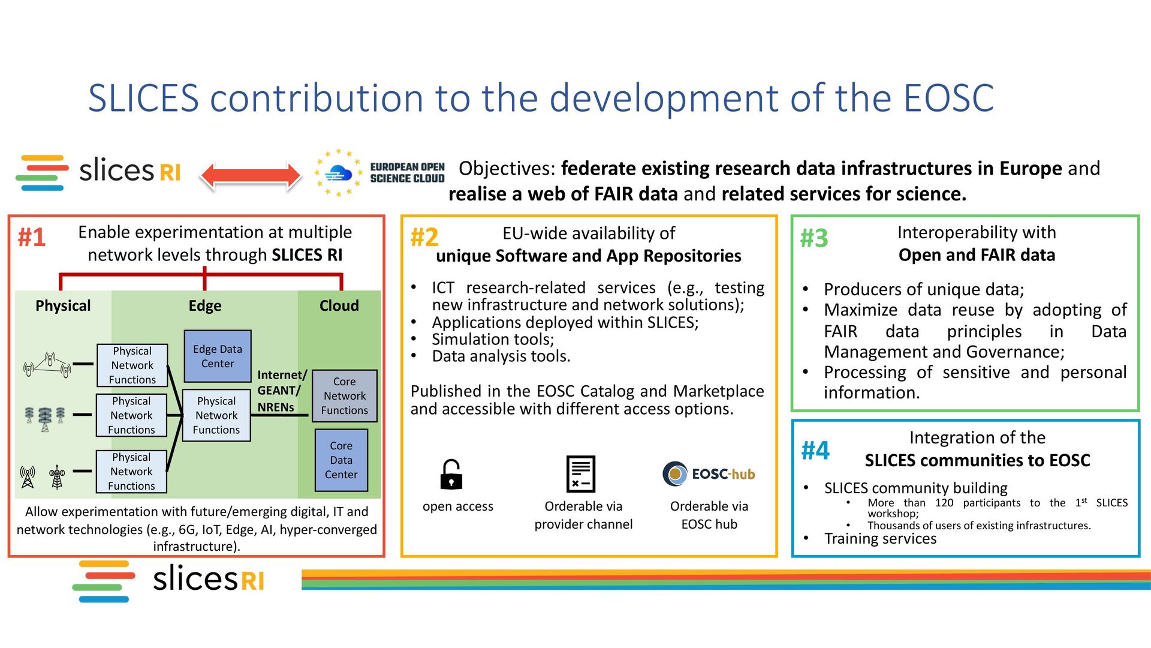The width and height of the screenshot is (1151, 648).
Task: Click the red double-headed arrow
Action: click(251, 176)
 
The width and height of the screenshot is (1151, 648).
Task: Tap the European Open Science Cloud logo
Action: click(379, 173)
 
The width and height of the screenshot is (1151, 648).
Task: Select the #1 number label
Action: click(32, 238)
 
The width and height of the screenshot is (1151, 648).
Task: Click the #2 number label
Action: click(424, 238)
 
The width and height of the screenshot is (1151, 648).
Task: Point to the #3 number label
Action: click(814, 238)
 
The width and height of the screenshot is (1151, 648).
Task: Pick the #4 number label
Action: click(815, 451)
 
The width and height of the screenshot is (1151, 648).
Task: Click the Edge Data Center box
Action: click(218, 356)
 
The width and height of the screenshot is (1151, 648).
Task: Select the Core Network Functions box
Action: click(345, 396)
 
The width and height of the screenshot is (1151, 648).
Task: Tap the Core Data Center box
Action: click(341, 460)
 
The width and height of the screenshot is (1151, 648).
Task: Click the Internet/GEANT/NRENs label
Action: click(281, 391)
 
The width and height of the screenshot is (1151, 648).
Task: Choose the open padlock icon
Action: click(451, 474)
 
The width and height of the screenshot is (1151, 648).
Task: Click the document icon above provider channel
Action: click(581, 474)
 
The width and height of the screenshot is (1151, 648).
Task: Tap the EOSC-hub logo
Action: click(709, 474)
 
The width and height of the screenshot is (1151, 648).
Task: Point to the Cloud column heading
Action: click(339, 306)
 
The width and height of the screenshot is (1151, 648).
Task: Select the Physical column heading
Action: click(63, 306)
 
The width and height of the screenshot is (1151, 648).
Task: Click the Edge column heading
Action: click(205, 306)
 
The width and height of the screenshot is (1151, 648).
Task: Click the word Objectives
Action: click(507, 169)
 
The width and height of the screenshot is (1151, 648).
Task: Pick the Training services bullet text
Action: click(880, 539)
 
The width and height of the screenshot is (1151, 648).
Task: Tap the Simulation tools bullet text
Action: click(493, 340)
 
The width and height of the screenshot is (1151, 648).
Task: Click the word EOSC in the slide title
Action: click(948, 98)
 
